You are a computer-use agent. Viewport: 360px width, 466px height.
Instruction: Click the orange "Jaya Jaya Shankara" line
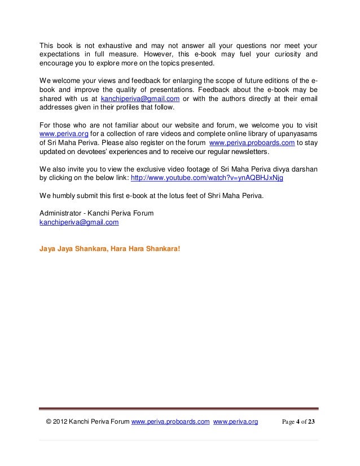(107, 247)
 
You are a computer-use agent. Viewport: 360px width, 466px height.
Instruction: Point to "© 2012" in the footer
(56, 421)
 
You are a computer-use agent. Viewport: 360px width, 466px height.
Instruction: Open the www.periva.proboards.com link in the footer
(170, 421)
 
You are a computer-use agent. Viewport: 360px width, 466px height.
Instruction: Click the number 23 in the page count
(311, 421)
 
